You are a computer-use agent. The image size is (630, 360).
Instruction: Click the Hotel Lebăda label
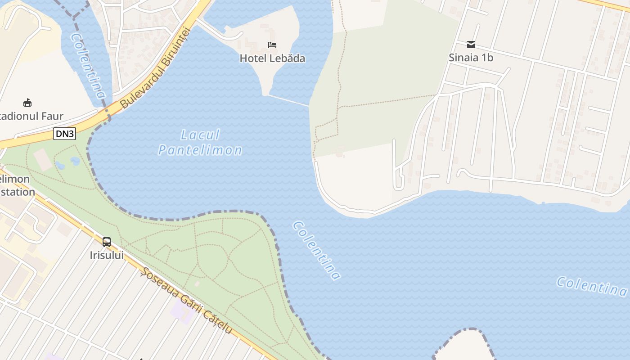coord(272,58)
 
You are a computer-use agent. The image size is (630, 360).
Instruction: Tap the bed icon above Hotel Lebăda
coord(272,45)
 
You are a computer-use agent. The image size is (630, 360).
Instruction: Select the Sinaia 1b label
coord(471,58)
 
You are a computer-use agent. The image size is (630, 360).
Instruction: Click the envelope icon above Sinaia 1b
coord(471,44)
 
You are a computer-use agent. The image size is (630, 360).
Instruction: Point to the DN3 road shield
coord(64,133)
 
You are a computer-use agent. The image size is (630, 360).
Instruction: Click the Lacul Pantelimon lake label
coord(200,142)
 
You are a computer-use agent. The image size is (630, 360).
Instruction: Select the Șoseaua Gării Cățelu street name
coord(187,301)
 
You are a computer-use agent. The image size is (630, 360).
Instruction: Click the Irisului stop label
coord(107,256)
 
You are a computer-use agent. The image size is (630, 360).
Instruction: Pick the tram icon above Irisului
coord(107,242)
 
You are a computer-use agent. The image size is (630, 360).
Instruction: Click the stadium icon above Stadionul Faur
coord(27,103)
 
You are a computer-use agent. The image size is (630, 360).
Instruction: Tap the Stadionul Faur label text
coord(31,116)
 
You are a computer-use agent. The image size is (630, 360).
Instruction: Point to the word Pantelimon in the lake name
coord(200,150)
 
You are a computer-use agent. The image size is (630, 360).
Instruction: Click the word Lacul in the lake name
coord(200,135)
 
